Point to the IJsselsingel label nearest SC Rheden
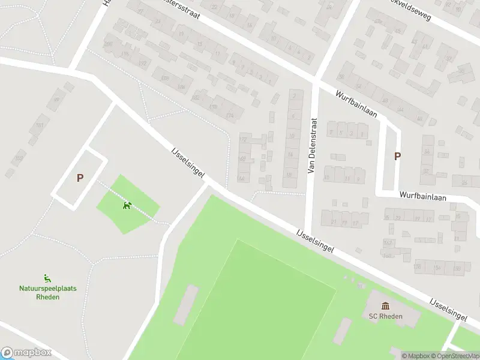pos(448,308)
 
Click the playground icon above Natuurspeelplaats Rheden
pos(47,278)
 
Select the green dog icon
pos(127,206)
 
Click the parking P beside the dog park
pos(79,178)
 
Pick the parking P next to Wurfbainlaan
pos(397,156)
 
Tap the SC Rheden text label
pos(385,316)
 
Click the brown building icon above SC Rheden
pos(385,306)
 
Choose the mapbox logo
pos(26,353)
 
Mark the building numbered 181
pos(40,125)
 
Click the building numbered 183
pos(19,158)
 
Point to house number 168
pos(242,159)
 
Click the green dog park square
pos(128,204)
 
